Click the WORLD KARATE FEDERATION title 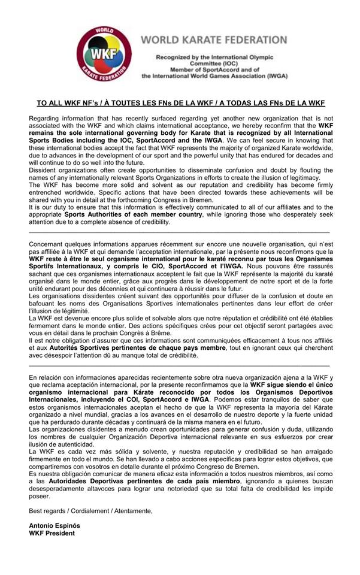(x=214, y=40)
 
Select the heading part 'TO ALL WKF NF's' (x=63, y=103)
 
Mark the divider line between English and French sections (x=179, y=231)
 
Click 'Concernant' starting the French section (x=49, y=245)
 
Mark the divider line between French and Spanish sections (x=179, y=364)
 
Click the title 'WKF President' (x=52, y=533)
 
